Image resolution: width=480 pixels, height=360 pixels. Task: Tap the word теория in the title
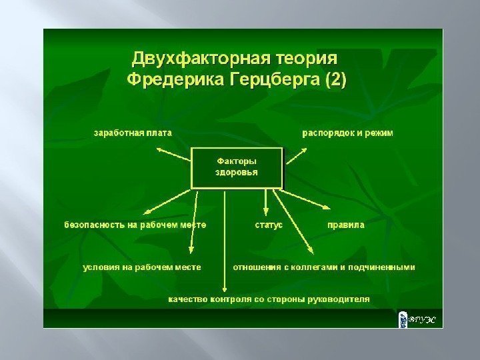click(311, 57)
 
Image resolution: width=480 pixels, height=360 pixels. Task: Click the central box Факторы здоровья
click(237, 167)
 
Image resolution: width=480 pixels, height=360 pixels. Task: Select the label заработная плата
click(132, 133)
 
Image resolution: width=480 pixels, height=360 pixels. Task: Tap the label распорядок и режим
click(349, 133)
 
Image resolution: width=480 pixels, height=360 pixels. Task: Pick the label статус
click(269, 225)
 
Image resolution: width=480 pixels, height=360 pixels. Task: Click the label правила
click(345, 225)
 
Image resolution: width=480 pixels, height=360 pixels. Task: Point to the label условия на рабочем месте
click(141, 267)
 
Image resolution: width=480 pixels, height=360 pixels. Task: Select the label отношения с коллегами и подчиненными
click(323, 267)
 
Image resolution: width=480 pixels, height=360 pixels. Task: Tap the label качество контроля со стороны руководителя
click(268, 299)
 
